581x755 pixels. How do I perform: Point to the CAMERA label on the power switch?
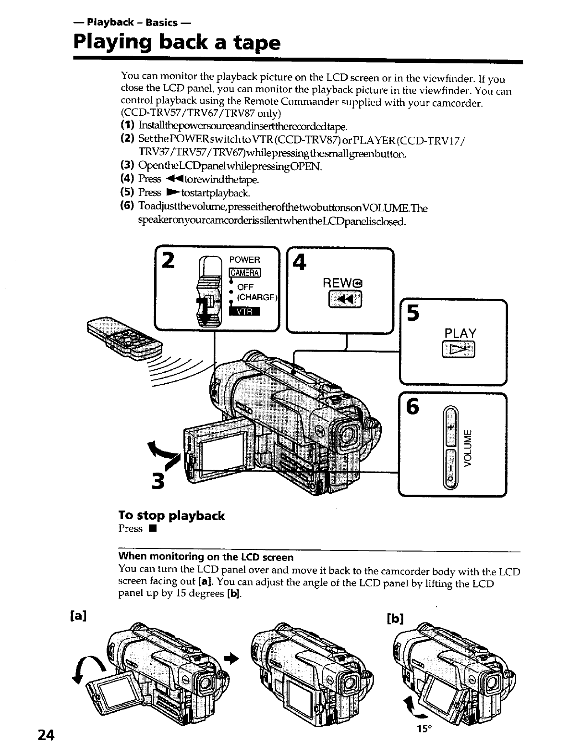245,273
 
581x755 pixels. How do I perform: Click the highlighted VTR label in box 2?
244,312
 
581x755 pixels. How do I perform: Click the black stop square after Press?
151,530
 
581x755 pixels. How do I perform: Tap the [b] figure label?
394,619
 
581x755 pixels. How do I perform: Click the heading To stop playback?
171,516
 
